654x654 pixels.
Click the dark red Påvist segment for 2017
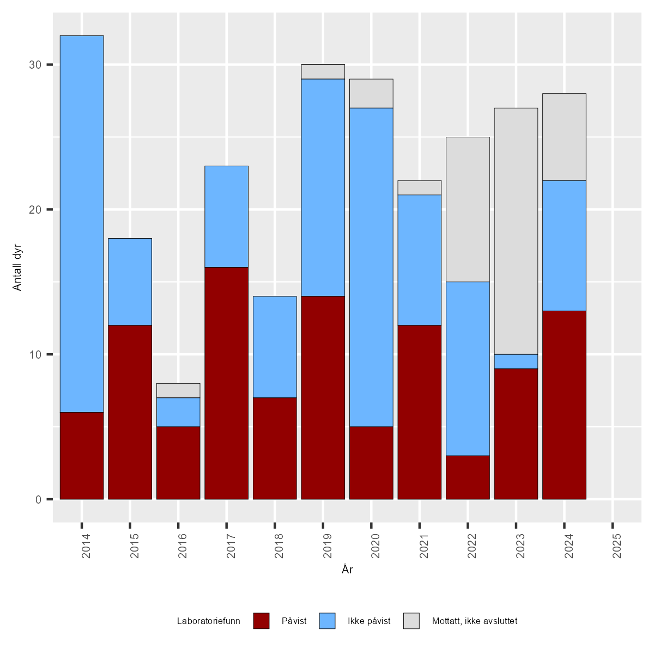[x=226, y=383]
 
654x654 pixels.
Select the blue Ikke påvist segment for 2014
[x=82, y=223]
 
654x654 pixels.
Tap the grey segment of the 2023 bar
[x=516, y=231]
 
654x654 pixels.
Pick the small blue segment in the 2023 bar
[x=516, y=361]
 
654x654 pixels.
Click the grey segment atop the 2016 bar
[x=178, y=390]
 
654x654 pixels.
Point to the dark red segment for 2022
[x=468, y=477]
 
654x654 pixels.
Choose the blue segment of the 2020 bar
[x=371, y=267]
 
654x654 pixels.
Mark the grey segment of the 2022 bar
[x=468, y=209]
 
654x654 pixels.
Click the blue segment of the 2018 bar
[x=275, y=347]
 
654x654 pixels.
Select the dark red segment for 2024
[x=564, y=405]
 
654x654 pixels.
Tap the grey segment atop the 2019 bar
[x=323, y=71]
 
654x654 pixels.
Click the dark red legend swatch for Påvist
[x=261, y=621]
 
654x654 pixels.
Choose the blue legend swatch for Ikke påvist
[x=327, y=621]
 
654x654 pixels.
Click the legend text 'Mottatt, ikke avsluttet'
[x=474, y=621]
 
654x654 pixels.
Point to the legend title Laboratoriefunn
[x=208, y=621]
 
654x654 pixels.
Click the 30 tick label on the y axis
[x=35, y=65]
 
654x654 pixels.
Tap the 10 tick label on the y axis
[x=35, y=354]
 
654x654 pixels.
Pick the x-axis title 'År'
[x=347, y=570]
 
